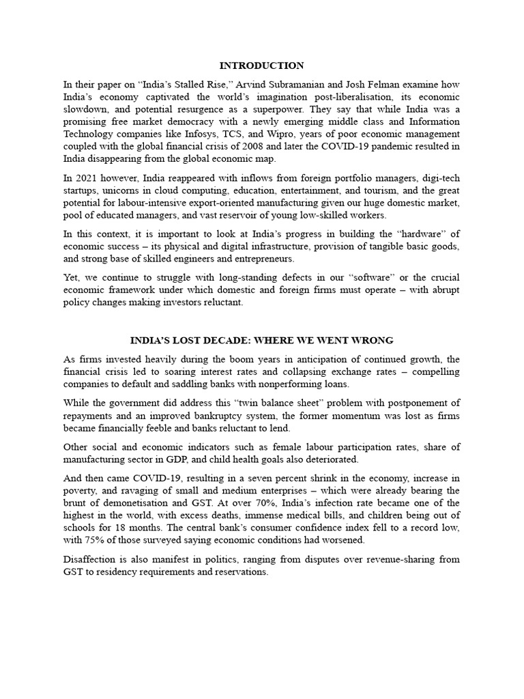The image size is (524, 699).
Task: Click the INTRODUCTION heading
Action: click(261, 66)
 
